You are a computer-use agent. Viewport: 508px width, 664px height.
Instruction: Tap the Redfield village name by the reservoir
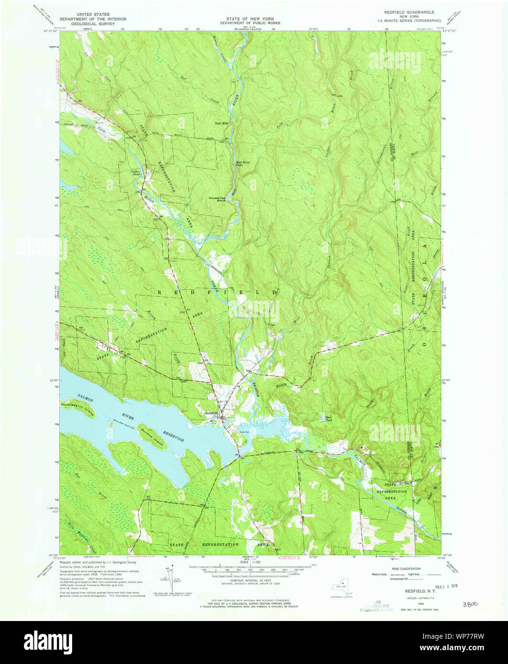coord(212,412)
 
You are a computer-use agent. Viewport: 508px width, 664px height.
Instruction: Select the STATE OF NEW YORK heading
coord(250,19)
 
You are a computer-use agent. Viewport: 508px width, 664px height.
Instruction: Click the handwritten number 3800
coord(470,604)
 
